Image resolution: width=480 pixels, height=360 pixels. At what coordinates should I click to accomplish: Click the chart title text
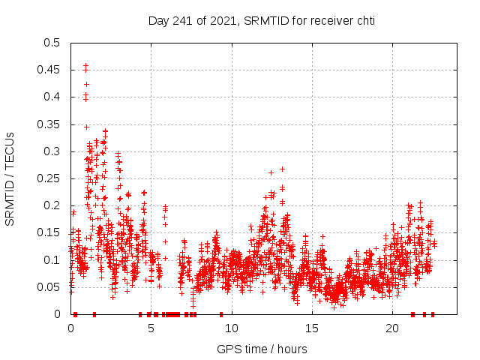[x=261, y=20]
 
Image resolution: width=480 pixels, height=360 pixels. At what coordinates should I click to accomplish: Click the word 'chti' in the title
[x=364, y=20]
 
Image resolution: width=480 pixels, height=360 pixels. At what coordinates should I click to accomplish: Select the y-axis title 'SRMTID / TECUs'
[x=10, y=178]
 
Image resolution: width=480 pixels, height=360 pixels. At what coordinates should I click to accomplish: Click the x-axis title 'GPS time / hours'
[x=262, y=349]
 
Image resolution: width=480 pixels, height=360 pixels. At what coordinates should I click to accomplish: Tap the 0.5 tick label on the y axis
[x=51, y=43]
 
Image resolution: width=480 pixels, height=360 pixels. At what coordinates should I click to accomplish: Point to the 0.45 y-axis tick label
[x=48, y=70]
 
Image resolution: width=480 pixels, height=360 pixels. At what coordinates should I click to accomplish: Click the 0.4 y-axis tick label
[x=51, y=97]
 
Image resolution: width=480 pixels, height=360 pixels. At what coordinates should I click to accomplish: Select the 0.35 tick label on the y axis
[x=48, y=124]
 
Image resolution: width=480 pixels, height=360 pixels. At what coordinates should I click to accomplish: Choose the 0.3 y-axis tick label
[x=51, y=151]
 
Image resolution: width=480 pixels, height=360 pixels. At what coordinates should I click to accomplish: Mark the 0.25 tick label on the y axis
[x=48, y=178]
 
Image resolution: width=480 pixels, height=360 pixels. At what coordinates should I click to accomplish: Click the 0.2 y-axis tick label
[x=51, y=205]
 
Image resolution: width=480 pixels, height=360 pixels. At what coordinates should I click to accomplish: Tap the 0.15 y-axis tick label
[x=48, y=233]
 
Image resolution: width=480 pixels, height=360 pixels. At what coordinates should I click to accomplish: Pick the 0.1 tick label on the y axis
[x=51, y=260]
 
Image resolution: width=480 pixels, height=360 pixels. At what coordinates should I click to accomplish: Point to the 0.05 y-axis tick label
[x=48, y=287]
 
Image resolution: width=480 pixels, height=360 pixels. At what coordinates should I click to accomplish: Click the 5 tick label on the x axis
[x=151, y=328]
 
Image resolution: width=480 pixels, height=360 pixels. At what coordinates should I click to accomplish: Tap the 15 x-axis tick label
[x=311, y=328]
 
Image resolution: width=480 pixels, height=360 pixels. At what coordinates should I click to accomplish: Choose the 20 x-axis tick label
[x=391, y=328]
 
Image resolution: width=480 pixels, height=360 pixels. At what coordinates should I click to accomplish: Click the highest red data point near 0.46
[x=85, y=65]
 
